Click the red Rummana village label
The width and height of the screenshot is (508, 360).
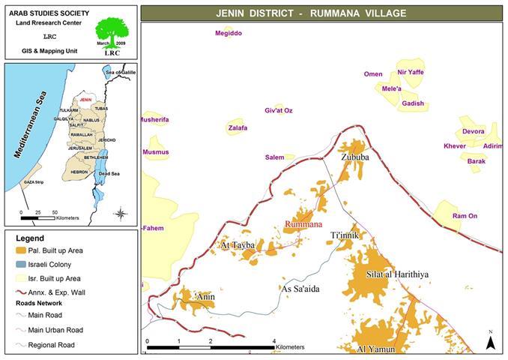pyautogui.click(x=305, y=224)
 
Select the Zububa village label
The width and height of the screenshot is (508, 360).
pyautogui.click(x=354, y=158)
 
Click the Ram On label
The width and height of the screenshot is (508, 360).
pyautogui.click(x=465, y=216)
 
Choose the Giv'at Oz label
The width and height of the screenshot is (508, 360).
pyautogui.click(x=279, y=111)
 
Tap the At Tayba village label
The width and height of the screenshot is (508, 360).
pyautogui.click(x=238, y=245)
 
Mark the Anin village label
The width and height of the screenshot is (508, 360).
pyautogui.click(x=205, y=297)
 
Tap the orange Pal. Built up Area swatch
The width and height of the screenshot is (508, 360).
pyautogui.click(x=21, y=249)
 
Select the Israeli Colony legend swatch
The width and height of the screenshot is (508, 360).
pyautogui.click(x=21, y=263)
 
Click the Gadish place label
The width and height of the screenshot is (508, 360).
pyautogui.click(x=413, y=103)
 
